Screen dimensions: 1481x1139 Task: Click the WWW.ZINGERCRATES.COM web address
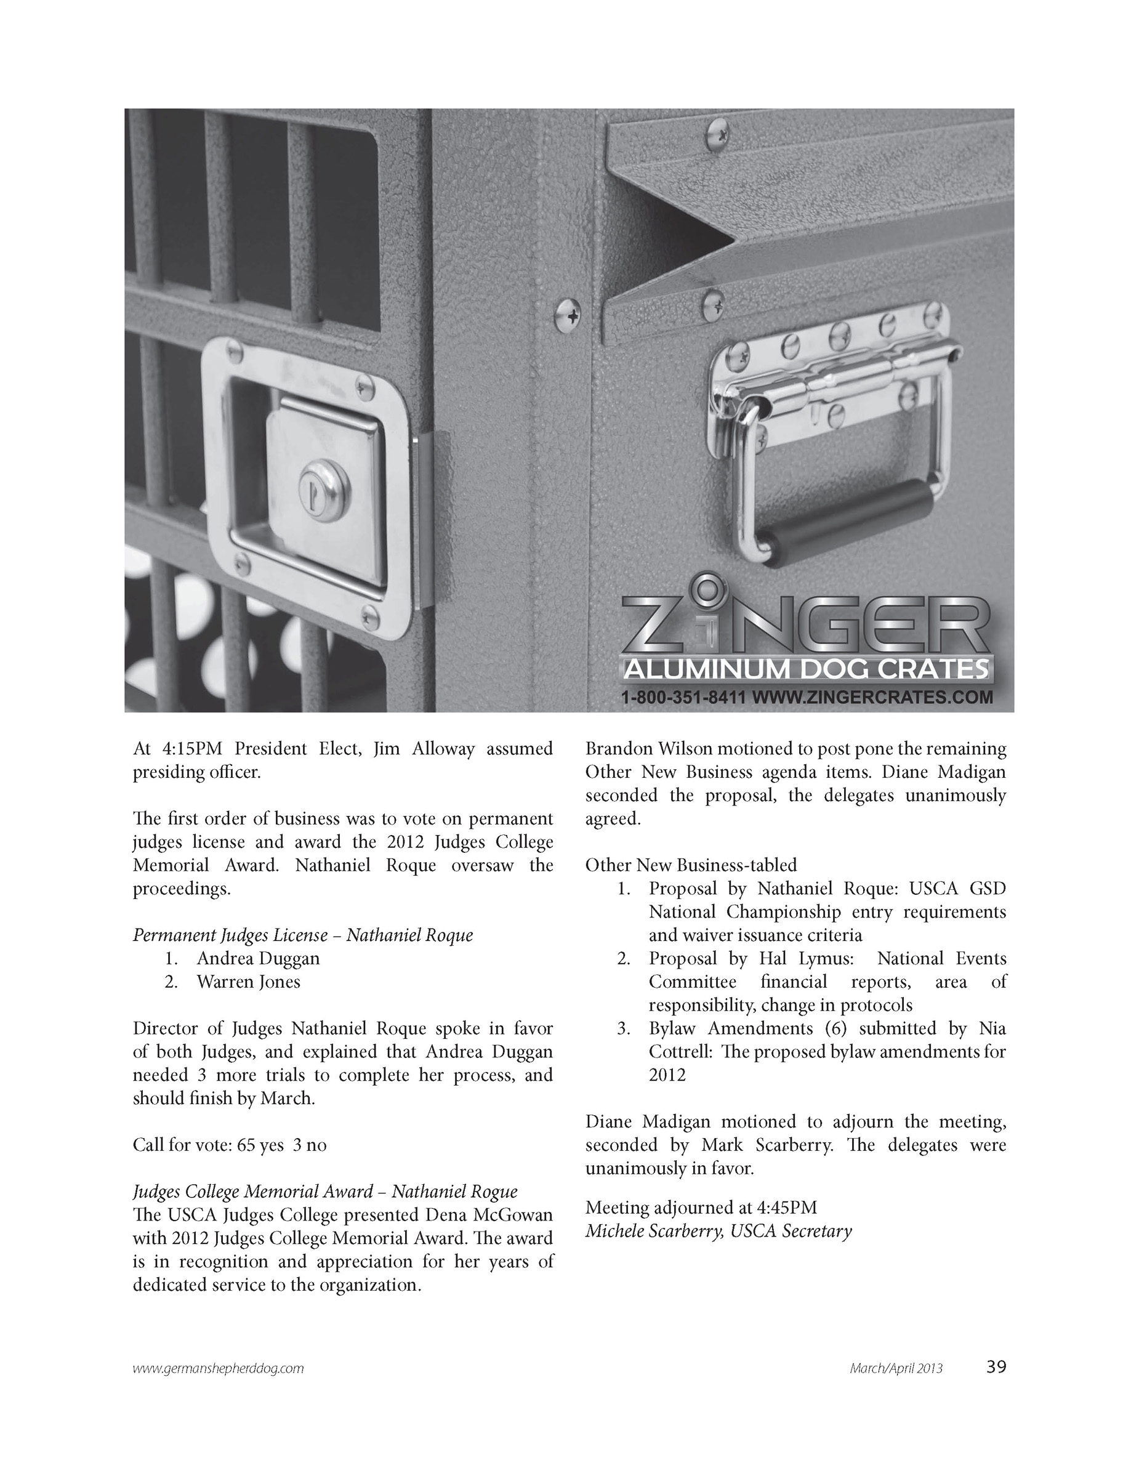pos(872,697)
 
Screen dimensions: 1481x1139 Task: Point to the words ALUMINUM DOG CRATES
pos(805,670)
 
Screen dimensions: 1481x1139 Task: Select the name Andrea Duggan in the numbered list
pos(259,958)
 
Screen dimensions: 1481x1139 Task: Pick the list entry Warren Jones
pos(248,981)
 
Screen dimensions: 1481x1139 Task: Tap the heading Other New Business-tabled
pos(691,865)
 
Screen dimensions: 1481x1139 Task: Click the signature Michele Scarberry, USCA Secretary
pos(718,1231)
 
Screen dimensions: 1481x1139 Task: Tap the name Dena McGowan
pos(489,1214)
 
